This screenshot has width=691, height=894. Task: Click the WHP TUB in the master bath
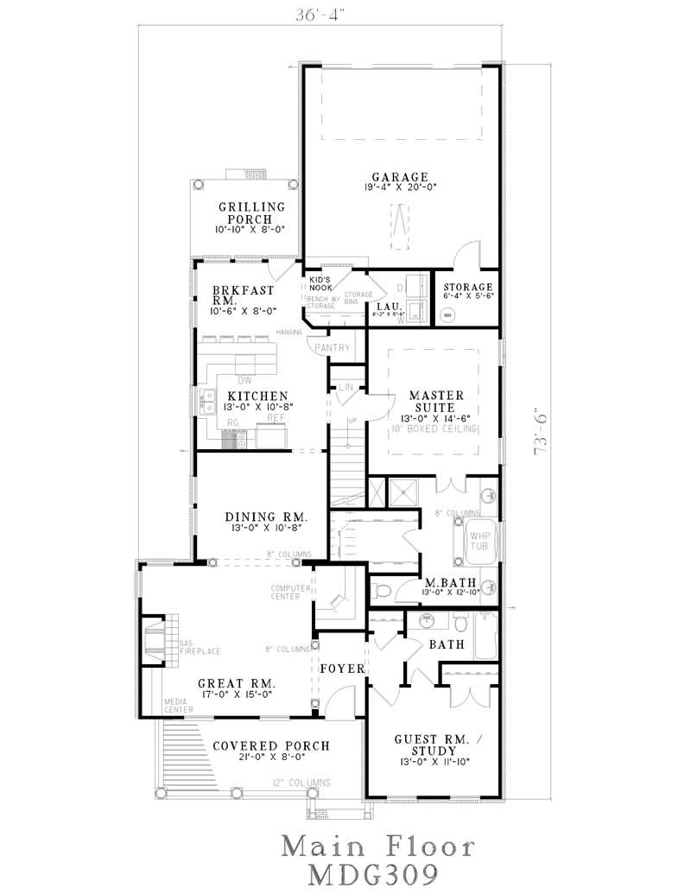tap(479, 541)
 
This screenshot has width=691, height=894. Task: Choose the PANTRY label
tap(333, 348)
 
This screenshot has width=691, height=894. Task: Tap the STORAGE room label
tap(467, 287)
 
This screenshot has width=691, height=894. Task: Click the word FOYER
tap(343, 669)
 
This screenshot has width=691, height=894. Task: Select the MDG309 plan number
tap(377, 871)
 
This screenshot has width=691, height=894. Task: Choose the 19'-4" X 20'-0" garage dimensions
tap(400, 186)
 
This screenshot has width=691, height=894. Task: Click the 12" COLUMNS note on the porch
tap(302, 783)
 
